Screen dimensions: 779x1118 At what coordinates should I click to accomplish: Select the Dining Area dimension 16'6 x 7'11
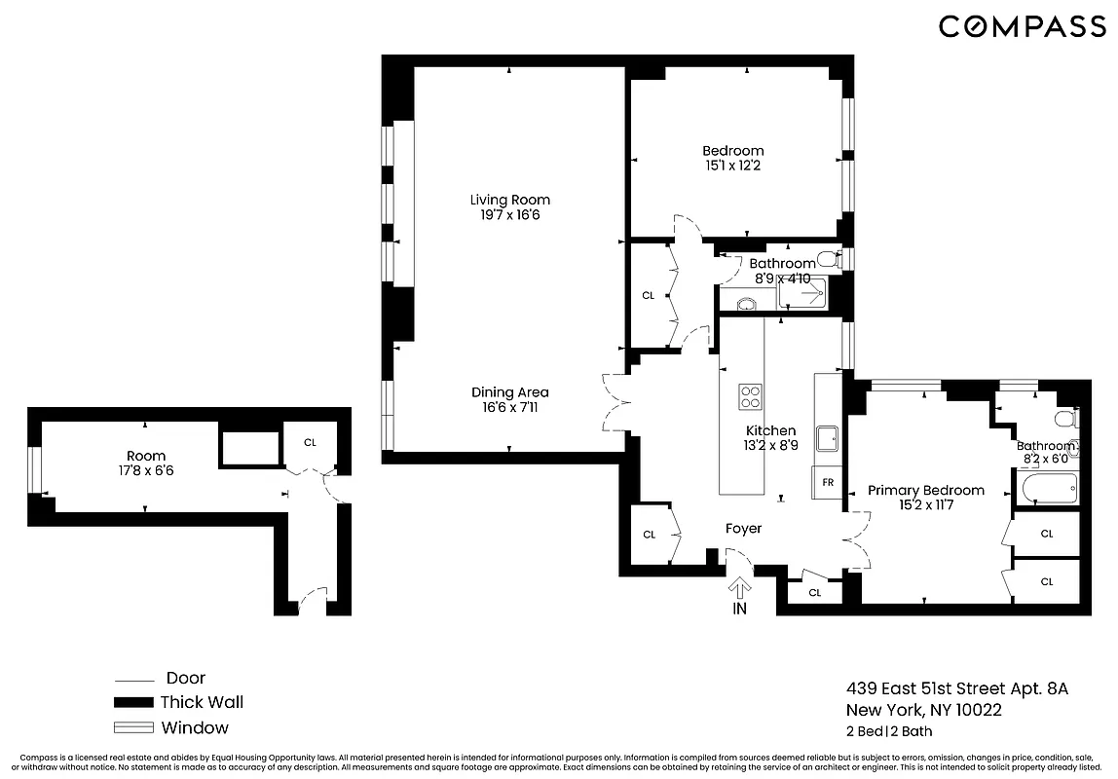(x=504, y=408)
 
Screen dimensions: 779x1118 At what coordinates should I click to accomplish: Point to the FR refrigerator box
(x=828, y=483)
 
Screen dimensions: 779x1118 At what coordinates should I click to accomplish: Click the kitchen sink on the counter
(x=829, y=438)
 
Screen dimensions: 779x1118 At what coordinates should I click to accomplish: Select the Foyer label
(x=743, y=529)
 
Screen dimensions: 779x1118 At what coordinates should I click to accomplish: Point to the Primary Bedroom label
(x=925, y=491)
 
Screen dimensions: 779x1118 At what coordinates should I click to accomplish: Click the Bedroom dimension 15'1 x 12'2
(x=733, y=167)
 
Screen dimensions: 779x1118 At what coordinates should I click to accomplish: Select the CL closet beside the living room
(x=648, y=295)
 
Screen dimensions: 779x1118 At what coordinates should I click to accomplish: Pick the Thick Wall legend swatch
(x=133, y=702)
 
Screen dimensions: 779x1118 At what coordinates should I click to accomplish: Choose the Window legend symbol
(x=133, y=727)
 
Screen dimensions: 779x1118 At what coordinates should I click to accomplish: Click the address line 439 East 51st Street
(x=956, y=688)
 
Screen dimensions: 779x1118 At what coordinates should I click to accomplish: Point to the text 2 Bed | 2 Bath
(x=889, y=731)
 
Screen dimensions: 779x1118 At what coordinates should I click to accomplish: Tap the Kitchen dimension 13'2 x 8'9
(x=770, y=446)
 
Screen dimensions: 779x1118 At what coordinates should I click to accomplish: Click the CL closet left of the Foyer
(x=649, y=534)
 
